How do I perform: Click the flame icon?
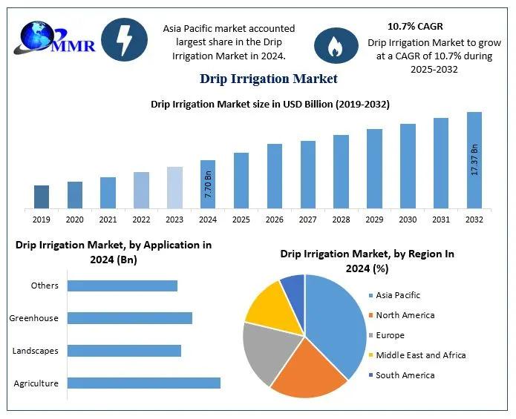coord(336,45)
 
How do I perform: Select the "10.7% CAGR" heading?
coord(415,26)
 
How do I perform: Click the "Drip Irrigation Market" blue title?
coord(268,78)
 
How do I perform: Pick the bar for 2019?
coord(42,197)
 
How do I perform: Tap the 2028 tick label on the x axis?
coord(341,220)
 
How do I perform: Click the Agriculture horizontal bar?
coord(144,383)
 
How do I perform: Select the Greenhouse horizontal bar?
coord(130,318)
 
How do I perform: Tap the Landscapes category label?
coord(36,351)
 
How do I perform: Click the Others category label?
coord(45,286)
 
